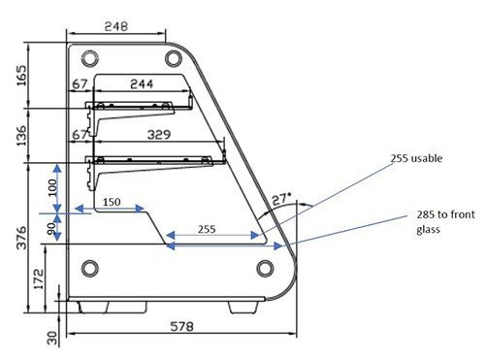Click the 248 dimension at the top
tap(116, 26)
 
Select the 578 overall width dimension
tap(182, 326)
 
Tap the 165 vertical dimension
tap(21, 76)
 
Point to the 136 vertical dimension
tap(21, 136)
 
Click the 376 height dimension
tap(21, 238)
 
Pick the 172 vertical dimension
tap(38, 279)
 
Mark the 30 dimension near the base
tap(52, 338)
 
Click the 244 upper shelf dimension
tap(142, 84)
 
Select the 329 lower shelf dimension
tap(159, 134)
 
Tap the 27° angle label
tap(281, 199)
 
